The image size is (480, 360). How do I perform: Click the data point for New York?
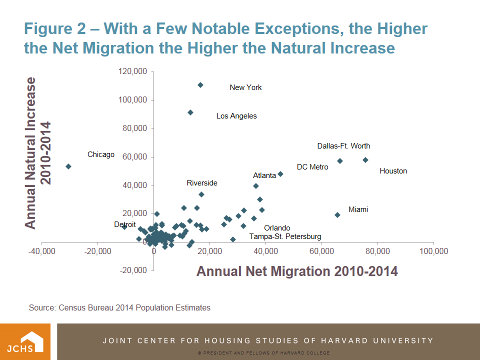tap(200, 85)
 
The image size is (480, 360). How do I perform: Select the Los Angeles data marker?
tap(190, 112)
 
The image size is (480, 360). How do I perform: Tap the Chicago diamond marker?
tap(68, 166)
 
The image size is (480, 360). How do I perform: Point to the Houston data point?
tap(365, 160)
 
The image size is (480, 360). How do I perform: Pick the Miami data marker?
tap(337, 215)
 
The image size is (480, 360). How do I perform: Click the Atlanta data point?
tap(280, 174)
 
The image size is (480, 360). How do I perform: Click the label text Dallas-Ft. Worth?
tap(343, 146)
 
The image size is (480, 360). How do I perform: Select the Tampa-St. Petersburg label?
tap(285, 236)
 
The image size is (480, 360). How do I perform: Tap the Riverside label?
tap(202, 183)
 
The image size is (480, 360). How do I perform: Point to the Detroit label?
tap(125, 225)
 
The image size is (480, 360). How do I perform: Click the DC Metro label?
tap(312, 167)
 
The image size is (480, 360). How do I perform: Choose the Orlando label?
tap(277, 228)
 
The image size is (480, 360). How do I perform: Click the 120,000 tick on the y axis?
tap(132, 72)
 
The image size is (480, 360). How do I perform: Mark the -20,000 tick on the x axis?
tap(98, 250)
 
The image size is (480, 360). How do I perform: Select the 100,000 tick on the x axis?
tap(433, 250)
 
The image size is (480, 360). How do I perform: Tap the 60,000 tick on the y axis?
tap(134, 157)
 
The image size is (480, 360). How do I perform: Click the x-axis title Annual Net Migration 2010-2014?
tap(297, 271)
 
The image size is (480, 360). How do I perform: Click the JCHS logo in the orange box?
tap(25, 341)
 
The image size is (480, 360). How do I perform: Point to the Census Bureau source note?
tap(119, 307)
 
